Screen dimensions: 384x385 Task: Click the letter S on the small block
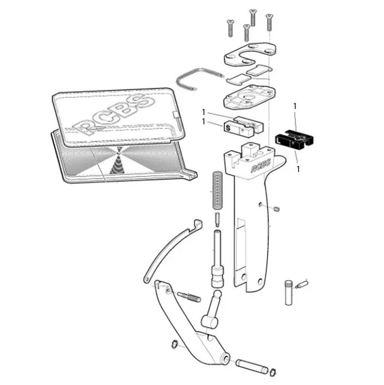coord(228,128)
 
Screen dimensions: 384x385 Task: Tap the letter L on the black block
coord(278,140)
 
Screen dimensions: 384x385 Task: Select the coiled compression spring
coord(217,190)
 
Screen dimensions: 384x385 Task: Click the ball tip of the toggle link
coord(218,294)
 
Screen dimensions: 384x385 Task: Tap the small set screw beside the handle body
coord(277,209)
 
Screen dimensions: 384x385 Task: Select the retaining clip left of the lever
coord(174,344)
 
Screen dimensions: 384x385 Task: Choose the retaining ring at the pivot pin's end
coord(272,372)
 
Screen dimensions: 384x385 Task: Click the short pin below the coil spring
coord(218,220)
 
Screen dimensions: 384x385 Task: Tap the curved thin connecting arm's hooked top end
coord(198,223)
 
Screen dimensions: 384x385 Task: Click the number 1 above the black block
coord(295,106)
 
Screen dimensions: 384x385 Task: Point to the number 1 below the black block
coord(298,169)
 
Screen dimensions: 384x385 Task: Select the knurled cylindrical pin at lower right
coord(289,292)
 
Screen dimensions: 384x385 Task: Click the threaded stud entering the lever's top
coord(189,297)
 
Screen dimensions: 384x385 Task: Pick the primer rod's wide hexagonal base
coord(217,277)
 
